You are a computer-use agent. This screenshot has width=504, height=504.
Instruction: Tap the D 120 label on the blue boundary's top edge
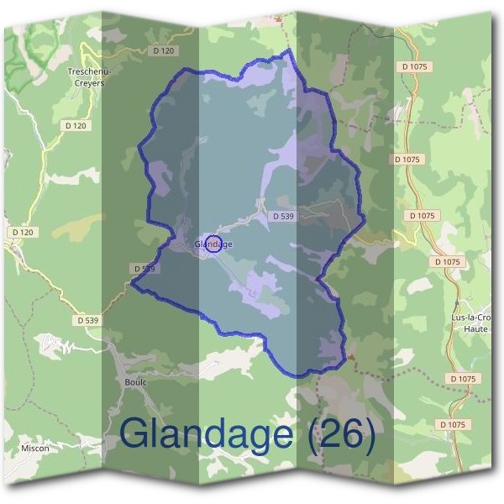coord(166,51)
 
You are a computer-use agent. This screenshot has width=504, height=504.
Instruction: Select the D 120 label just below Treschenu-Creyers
coord(75,126)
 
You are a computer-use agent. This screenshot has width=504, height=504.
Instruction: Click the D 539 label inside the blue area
coord(283,216)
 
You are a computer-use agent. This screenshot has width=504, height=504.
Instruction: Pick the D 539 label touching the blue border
coord(144,268)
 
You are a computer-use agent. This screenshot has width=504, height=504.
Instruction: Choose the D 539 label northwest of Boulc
coord(87,320)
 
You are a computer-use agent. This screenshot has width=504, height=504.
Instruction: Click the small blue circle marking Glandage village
coord(213,244)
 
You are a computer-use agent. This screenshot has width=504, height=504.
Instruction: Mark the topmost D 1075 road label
coord(415,66)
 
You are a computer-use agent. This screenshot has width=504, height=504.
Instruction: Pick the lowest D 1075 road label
coord(451,425)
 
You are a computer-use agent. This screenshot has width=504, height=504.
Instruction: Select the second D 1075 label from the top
coord(407,159)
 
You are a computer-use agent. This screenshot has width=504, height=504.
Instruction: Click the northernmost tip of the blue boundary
coord(291,50)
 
